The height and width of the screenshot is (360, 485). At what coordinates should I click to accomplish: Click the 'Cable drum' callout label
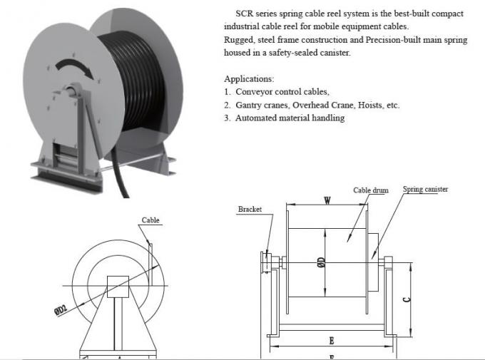(371, 190)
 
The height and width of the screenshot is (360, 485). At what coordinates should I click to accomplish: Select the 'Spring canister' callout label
(425, 189)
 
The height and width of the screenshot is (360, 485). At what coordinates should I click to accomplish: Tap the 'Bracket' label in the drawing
(250, 210)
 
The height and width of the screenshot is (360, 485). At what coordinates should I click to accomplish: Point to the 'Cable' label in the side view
(150, 221)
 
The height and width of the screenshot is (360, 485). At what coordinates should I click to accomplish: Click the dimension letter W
(326, 201)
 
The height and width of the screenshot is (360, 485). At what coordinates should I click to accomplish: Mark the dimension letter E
(332, 340)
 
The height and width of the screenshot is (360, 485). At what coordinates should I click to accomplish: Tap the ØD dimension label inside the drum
(322, 264)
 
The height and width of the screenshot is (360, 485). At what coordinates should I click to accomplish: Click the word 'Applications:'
(249, 78)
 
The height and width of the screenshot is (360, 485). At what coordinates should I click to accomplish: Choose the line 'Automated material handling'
(290, 118)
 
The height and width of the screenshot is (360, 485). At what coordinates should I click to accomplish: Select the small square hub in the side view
(116, 284)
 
